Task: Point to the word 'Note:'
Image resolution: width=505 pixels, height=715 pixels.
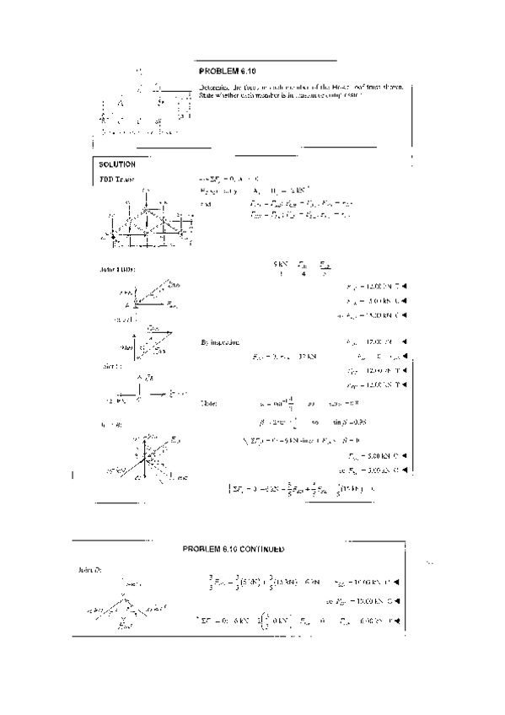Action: click(207, 404)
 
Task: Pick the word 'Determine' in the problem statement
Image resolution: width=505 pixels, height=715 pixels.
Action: click(214, 87)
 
